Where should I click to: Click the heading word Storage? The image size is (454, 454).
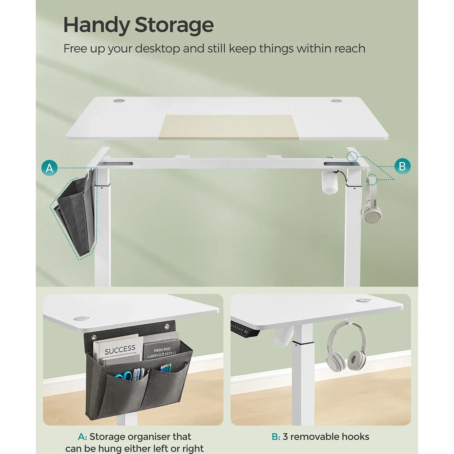(174, 25)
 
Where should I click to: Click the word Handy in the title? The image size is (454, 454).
(96, 25)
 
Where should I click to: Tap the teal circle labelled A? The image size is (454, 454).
(50, 168)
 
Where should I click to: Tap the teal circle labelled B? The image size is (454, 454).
(402, 166)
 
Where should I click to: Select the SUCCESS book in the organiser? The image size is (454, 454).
(119, 350)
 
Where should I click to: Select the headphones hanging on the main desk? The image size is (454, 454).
(371, 206)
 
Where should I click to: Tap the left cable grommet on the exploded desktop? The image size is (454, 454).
(120, 101)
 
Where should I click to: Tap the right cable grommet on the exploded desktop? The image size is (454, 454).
(336, 101)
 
